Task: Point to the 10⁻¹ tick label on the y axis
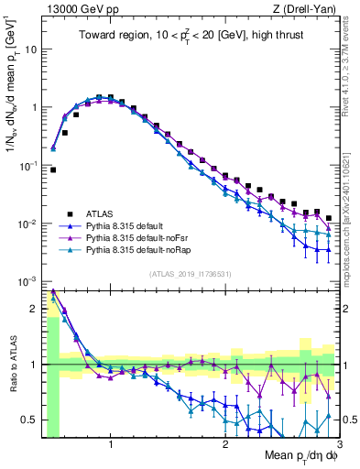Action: point(28,165)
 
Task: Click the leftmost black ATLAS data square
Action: point(53,169)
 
